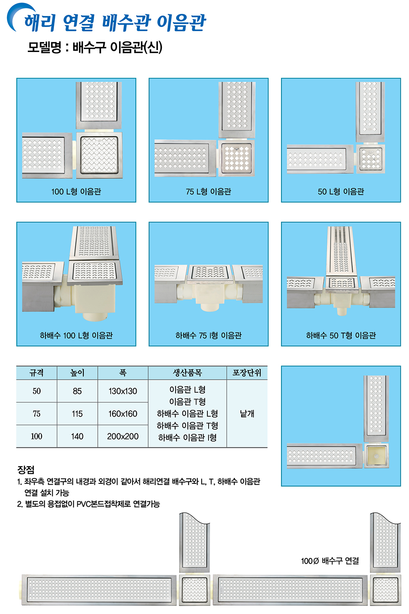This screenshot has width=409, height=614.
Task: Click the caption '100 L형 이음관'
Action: click(x=76, y=191)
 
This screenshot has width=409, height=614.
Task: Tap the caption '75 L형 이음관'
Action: click(x=208, y=191)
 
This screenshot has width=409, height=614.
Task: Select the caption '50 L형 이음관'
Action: click(x=341, y=191)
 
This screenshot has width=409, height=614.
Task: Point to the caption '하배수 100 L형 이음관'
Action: click(x=76, y=335)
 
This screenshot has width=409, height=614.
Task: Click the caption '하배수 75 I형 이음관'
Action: click(x=208, y=335)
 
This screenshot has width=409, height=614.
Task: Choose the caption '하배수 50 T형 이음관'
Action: click(x=341, y=335)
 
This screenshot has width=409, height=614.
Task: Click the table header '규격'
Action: click(x=36, y=372)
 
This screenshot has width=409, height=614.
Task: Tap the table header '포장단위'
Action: click(x=247, y=372)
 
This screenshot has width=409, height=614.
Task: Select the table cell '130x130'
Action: click(x=123, y=391)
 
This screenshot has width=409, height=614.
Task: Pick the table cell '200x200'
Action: click(x=123, y=436)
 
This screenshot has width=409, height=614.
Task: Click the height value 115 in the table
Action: click(x=77, y=414)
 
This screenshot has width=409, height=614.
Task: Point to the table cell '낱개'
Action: click(x=247, y=413)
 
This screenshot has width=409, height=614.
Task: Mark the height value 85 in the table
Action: click(x=77, y=391)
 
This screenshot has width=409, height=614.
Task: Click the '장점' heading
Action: click(x=26, y=469)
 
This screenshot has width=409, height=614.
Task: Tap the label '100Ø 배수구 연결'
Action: click(x=330, y=561)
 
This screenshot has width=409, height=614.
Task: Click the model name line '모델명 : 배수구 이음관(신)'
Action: click(x=95, y=47)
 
